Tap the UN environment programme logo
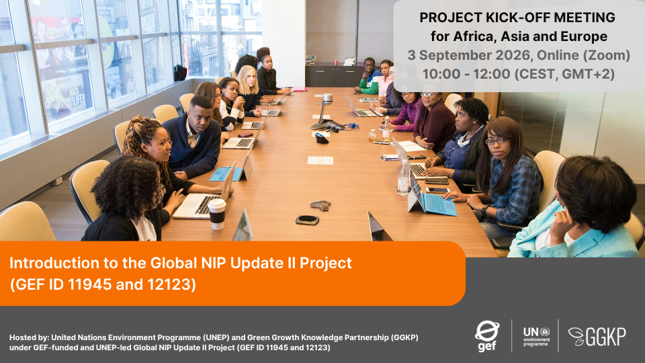[x=536, y=336]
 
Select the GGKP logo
[x=597, y=336]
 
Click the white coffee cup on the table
[x=217, y=214]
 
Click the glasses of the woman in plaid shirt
[x=496, y=141]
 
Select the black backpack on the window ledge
[x=180, y=73]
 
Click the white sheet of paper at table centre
[x=320, y=160]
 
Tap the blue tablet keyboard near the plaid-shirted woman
[x=439, y=204]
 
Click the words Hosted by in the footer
[x=28, y=337]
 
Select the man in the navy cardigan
[x=193, y=138]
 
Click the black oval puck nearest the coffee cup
[x=307, y=220]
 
